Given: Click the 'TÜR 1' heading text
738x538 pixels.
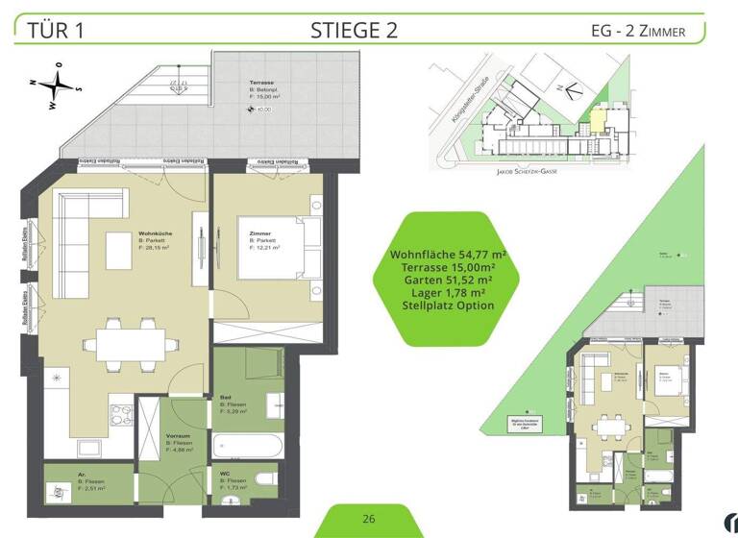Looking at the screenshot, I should point(57,29).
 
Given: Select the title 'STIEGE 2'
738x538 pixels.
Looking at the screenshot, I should point(354,29).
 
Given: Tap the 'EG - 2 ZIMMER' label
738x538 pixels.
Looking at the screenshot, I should point(638,31).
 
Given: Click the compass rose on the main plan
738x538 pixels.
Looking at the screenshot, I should point(59,85).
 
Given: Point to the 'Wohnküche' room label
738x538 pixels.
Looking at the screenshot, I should point(154,234).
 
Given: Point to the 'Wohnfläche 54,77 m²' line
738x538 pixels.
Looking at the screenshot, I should point(447,254).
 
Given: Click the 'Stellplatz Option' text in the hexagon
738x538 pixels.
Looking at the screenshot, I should point(447,306).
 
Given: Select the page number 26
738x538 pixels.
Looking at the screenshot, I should point(369,519).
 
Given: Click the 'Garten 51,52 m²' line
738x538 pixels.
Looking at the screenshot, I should point(447,280).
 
